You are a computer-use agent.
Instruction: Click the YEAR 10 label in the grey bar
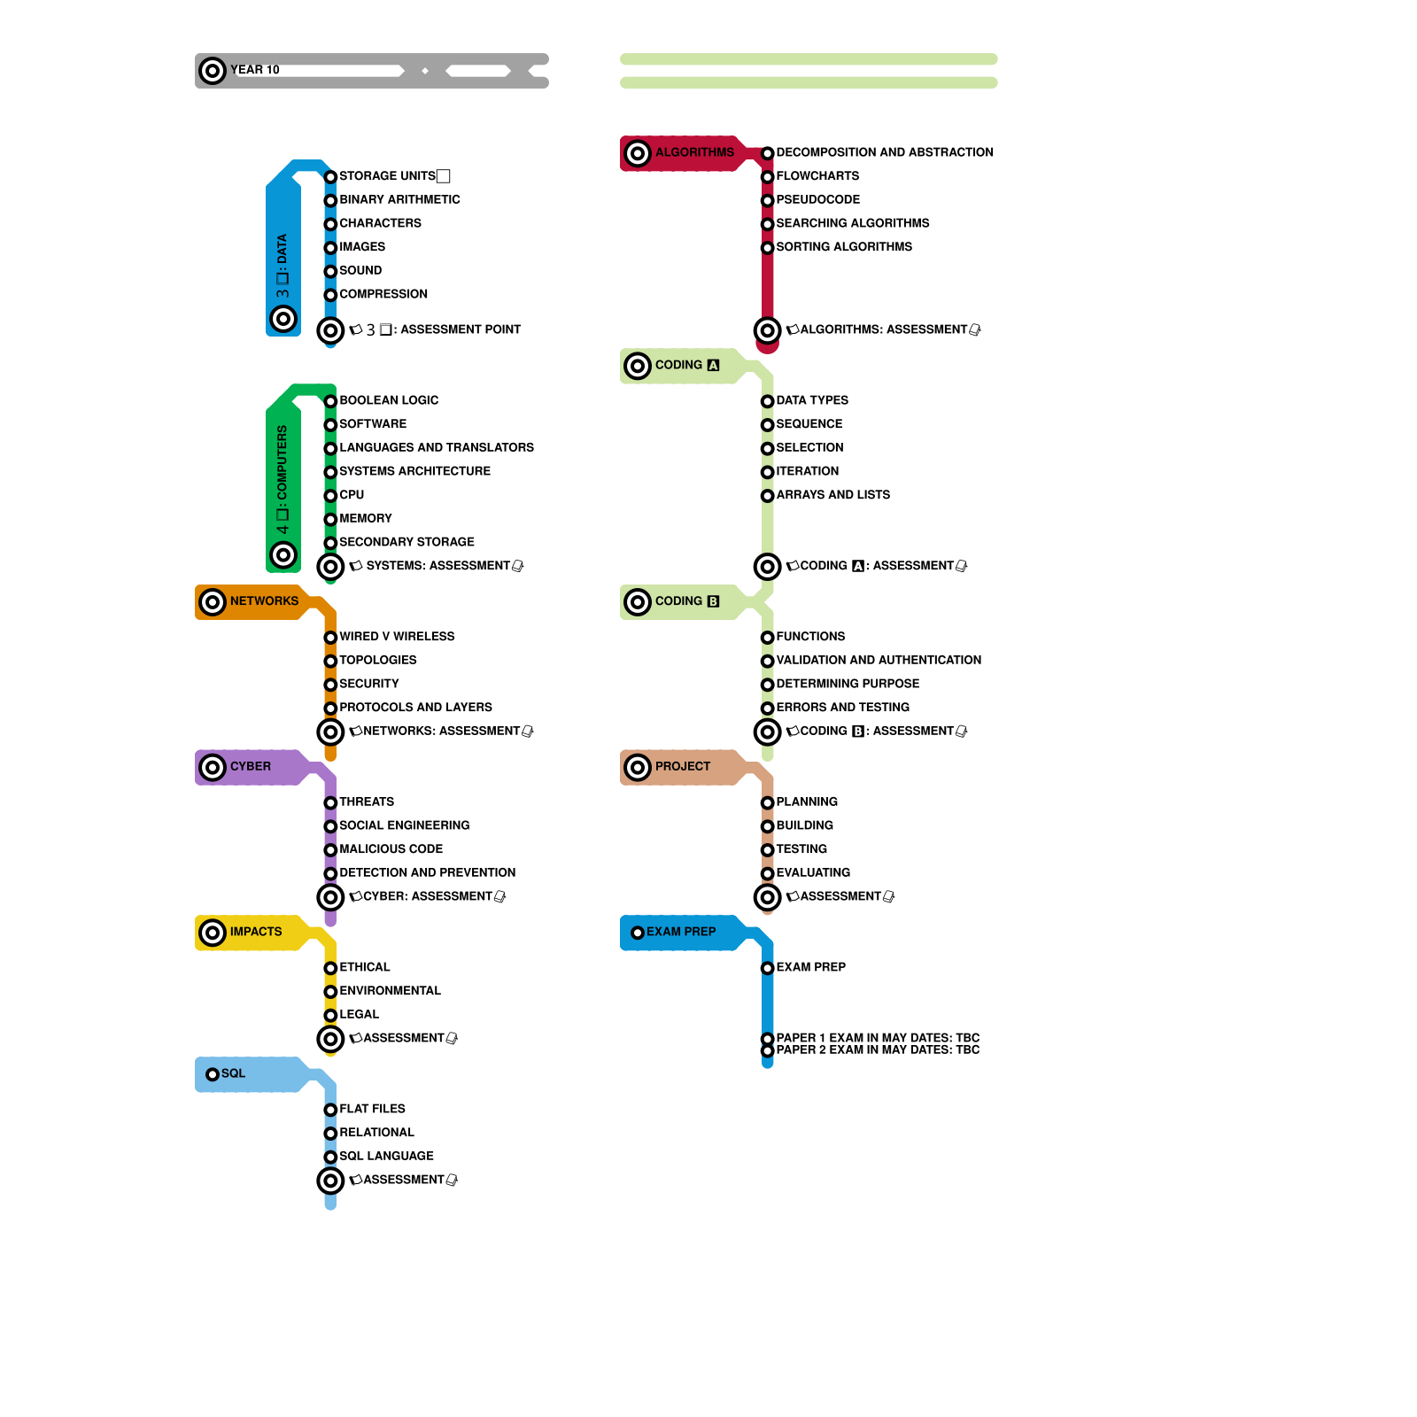click(x=255, y=70)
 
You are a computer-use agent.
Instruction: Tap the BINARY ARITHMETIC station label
click(x=399, y=200)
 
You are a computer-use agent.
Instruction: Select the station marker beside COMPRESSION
click(x=330, y=295)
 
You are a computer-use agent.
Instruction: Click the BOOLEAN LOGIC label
click(x=389, y=400)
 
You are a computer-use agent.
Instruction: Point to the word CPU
click(x=352, y=495)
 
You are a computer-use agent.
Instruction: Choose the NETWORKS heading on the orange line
click(x=264, y=601)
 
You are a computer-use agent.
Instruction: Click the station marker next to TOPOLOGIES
click(x=330, y=661)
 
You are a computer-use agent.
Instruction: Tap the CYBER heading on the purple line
click(x=251, y=767)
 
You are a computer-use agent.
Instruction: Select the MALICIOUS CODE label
click(x=391, y=849)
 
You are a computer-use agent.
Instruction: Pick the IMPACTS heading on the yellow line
click(x=256, y=932)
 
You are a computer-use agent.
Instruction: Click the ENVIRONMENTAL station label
click(x=390, y=991)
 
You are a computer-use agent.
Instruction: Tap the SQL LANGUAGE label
click(x=386, y=1157)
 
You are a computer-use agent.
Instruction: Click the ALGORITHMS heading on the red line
click(x=694, y=152)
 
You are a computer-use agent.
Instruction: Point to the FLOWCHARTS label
click(x=817, y=176)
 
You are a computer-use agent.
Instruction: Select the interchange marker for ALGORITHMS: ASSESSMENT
click(x=768, y=330)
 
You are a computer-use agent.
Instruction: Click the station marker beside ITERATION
click(x=768, y=472)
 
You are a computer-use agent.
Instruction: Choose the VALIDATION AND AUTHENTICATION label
click(x=879, y=661)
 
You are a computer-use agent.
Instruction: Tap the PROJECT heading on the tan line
click(x=682, y=767)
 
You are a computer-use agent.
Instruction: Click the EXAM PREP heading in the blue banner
click(x=681, y=932)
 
